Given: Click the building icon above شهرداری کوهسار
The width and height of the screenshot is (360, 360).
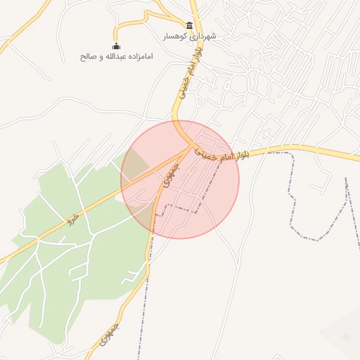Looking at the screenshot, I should [190, 25].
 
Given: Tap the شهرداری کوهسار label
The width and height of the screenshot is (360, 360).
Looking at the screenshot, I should [190, 36].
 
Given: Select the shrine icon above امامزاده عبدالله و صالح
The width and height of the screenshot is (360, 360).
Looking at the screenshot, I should [117, 46].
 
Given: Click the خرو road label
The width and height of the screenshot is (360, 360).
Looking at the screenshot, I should [70, 219].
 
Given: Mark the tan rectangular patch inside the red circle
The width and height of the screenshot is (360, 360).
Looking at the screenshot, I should [136, 163].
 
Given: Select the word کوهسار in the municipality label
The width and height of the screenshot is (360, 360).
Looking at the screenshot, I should [176, 36].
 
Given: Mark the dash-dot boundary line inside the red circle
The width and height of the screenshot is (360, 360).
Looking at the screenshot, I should [179, 208].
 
